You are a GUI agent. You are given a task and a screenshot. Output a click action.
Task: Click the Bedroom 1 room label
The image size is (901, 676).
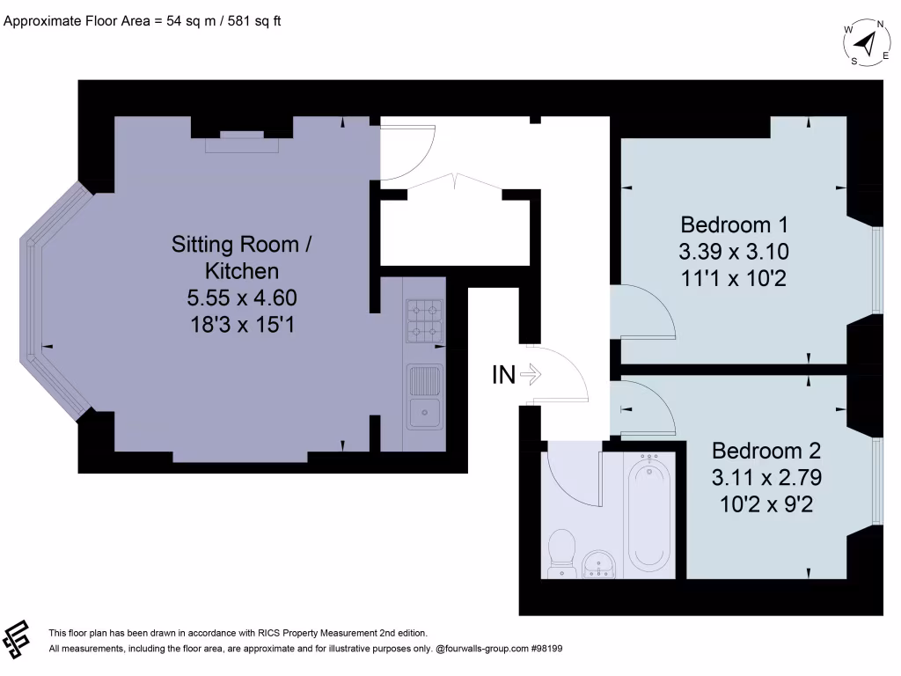(733, 223)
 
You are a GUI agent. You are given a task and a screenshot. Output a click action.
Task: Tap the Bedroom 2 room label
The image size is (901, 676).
(765, 451)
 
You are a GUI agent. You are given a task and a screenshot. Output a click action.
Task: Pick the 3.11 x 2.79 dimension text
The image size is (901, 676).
(765, 480)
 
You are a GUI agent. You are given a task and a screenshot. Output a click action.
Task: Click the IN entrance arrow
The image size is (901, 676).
(531, 375)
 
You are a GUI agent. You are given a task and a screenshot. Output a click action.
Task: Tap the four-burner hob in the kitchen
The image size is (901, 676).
(425, 321)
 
